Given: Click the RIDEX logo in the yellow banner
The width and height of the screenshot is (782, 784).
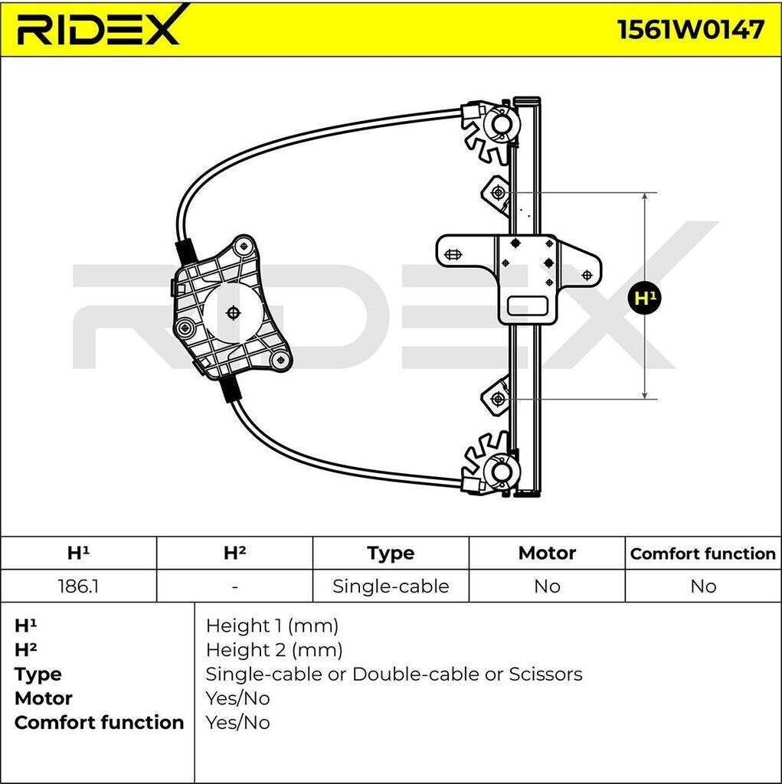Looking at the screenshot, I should coord(100,28).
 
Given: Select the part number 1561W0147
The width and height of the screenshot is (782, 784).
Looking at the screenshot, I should coord(690,29).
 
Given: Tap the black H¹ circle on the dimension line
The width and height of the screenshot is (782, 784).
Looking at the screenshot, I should coord(645,297).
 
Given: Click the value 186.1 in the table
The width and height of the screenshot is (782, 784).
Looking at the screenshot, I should coord(78,586).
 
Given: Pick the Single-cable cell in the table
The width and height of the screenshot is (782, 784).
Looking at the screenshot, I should coord(391,586).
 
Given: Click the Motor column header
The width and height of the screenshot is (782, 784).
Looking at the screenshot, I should coord(547,553).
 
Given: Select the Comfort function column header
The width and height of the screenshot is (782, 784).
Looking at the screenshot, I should coord(703,553).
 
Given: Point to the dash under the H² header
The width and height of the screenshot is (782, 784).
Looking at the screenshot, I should coord(234,586).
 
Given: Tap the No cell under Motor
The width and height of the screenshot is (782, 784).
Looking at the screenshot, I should coord(547,586).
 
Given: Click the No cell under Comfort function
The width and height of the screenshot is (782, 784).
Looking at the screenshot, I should coord(703,586).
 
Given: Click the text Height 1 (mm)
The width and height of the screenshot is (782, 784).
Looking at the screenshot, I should coord(272,626).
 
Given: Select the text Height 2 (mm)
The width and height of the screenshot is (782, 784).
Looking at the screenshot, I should coord(273,650).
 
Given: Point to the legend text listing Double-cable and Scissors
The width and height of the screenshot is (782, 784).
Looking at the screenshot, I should coord(394,675).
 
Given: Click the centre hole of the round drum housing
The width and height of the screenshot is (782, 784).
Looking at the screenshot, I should coord(234,312).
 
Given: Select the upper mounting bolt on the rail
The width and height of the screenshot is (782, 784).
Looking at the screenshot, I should coord(498,192).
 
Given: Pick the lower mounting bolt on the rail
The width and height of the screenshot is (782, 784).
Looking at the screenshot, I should coord(498,398).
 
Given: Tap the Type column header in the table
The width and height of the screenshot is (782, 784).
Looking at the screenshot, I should coord(391,553).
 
